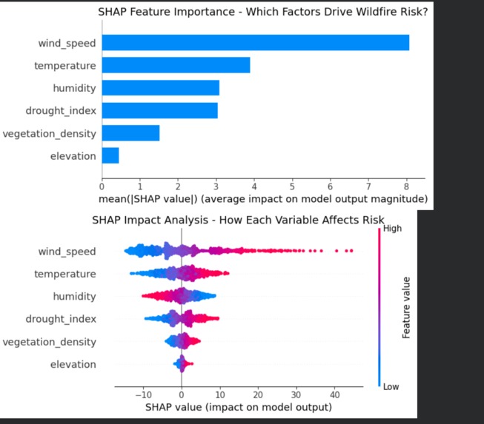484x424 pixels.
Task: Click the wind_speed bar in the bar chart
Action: click(255, 43)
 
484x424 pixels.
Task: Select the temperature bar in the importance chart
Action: click(176, 65)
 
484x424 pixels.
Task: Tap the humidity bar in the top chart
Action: click(160, 88)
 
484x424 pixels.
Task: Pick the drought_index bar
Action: click(159, 110)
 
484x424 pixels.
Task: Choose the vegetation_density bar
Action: click(130, 133)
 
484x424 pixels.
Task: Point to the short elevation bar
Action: click(110, 155)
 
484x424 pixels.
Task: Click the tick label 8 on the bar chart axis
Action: click(407, 186)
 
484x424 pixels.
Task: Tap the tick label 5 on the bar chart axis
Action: click(293, 186)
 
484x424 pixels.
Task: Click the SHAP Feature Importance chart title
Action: click(263, 13)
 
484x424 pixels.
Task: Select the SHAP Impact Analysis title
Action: click(238, 221)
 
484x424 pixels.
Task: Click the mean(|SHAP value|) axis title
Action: click(263, 199)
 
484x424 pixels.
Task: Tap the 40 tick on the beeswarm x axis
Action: click(334, 394)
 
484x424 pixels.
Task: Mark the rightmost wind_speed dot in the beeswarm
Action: click(351, 252)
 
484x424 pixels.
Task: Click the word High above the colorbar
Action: click(393, 229)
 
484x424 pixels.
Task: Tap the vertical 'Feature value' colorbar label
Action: click(406, 308)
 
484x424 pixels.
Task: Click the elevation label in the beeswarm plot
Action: click(73, 364)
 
